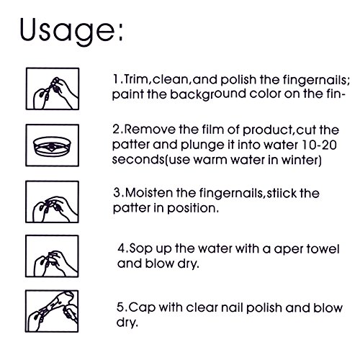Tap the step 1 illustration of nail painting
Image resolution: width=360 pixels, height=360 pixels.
[x=53, y=89]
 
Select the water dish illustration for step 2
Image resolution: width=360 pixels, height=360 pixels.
[x=53, y=145]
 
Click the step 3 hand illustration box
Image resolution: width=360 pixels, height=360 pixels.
[x=52, y=202]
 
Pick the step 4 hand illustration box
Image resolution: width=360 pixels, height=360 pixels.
[x=52, y=256]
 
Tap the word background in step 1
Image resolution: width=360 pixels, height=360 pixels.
[x=208, y=94]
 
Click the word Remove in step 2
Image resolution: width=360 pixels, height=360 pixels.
[x=150, y=130]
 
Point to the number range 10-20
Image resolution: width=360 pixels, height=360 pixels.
[x=319, y=145]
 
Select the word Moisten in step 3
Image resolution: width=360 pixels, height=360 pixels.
[x=149, y=193]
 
